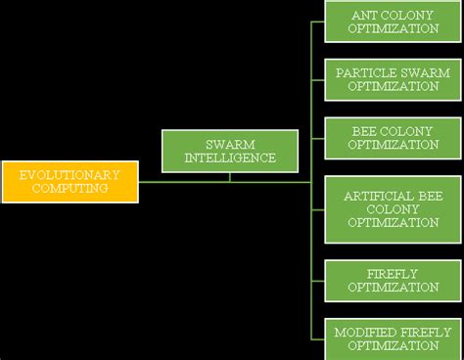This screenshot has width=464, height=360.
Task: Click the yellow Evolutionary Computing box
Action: click(x=70, y=181)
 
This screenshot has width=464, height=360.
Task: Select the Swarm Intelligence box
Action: click(x=230, y=152)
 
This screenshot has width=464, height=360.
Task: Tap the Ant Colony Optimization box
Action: click(x=394, y=22)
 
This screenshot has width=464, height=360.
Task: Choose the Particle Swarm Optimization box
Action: click(x=394, y=80)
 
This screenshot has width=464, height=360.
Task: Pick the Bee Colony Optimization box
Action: click(x=394, y=138)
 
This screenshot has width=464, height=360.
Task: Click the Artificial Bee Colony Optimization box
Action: click(x=394, y=209)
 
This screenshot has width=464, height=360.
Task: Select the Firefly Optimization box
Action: click(x=394, y=281)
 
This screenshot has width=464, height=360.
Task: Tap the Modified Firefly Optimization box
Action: click(x=394, y=338)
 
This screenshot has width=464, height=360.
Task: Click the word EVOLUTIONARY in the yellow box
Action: click(x=70, y=175)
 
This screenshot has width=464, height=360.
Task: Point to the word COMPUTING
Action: click(x=70, y=188)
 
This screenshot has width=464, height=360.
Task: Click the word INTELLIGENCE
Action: click(x=231, y=158)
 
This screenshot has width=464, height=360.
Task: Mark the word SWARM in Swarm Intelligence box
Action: click(x=231, y=145)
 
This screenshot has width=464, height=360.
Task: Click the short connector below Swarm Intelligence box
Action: click(x=230, y=177)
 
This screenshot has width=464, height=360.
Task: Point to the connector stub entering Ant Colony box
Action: click(x=318, y=22)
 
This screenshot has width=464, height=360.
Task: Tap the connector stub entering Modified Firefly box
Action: click(x=318, y=338)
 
